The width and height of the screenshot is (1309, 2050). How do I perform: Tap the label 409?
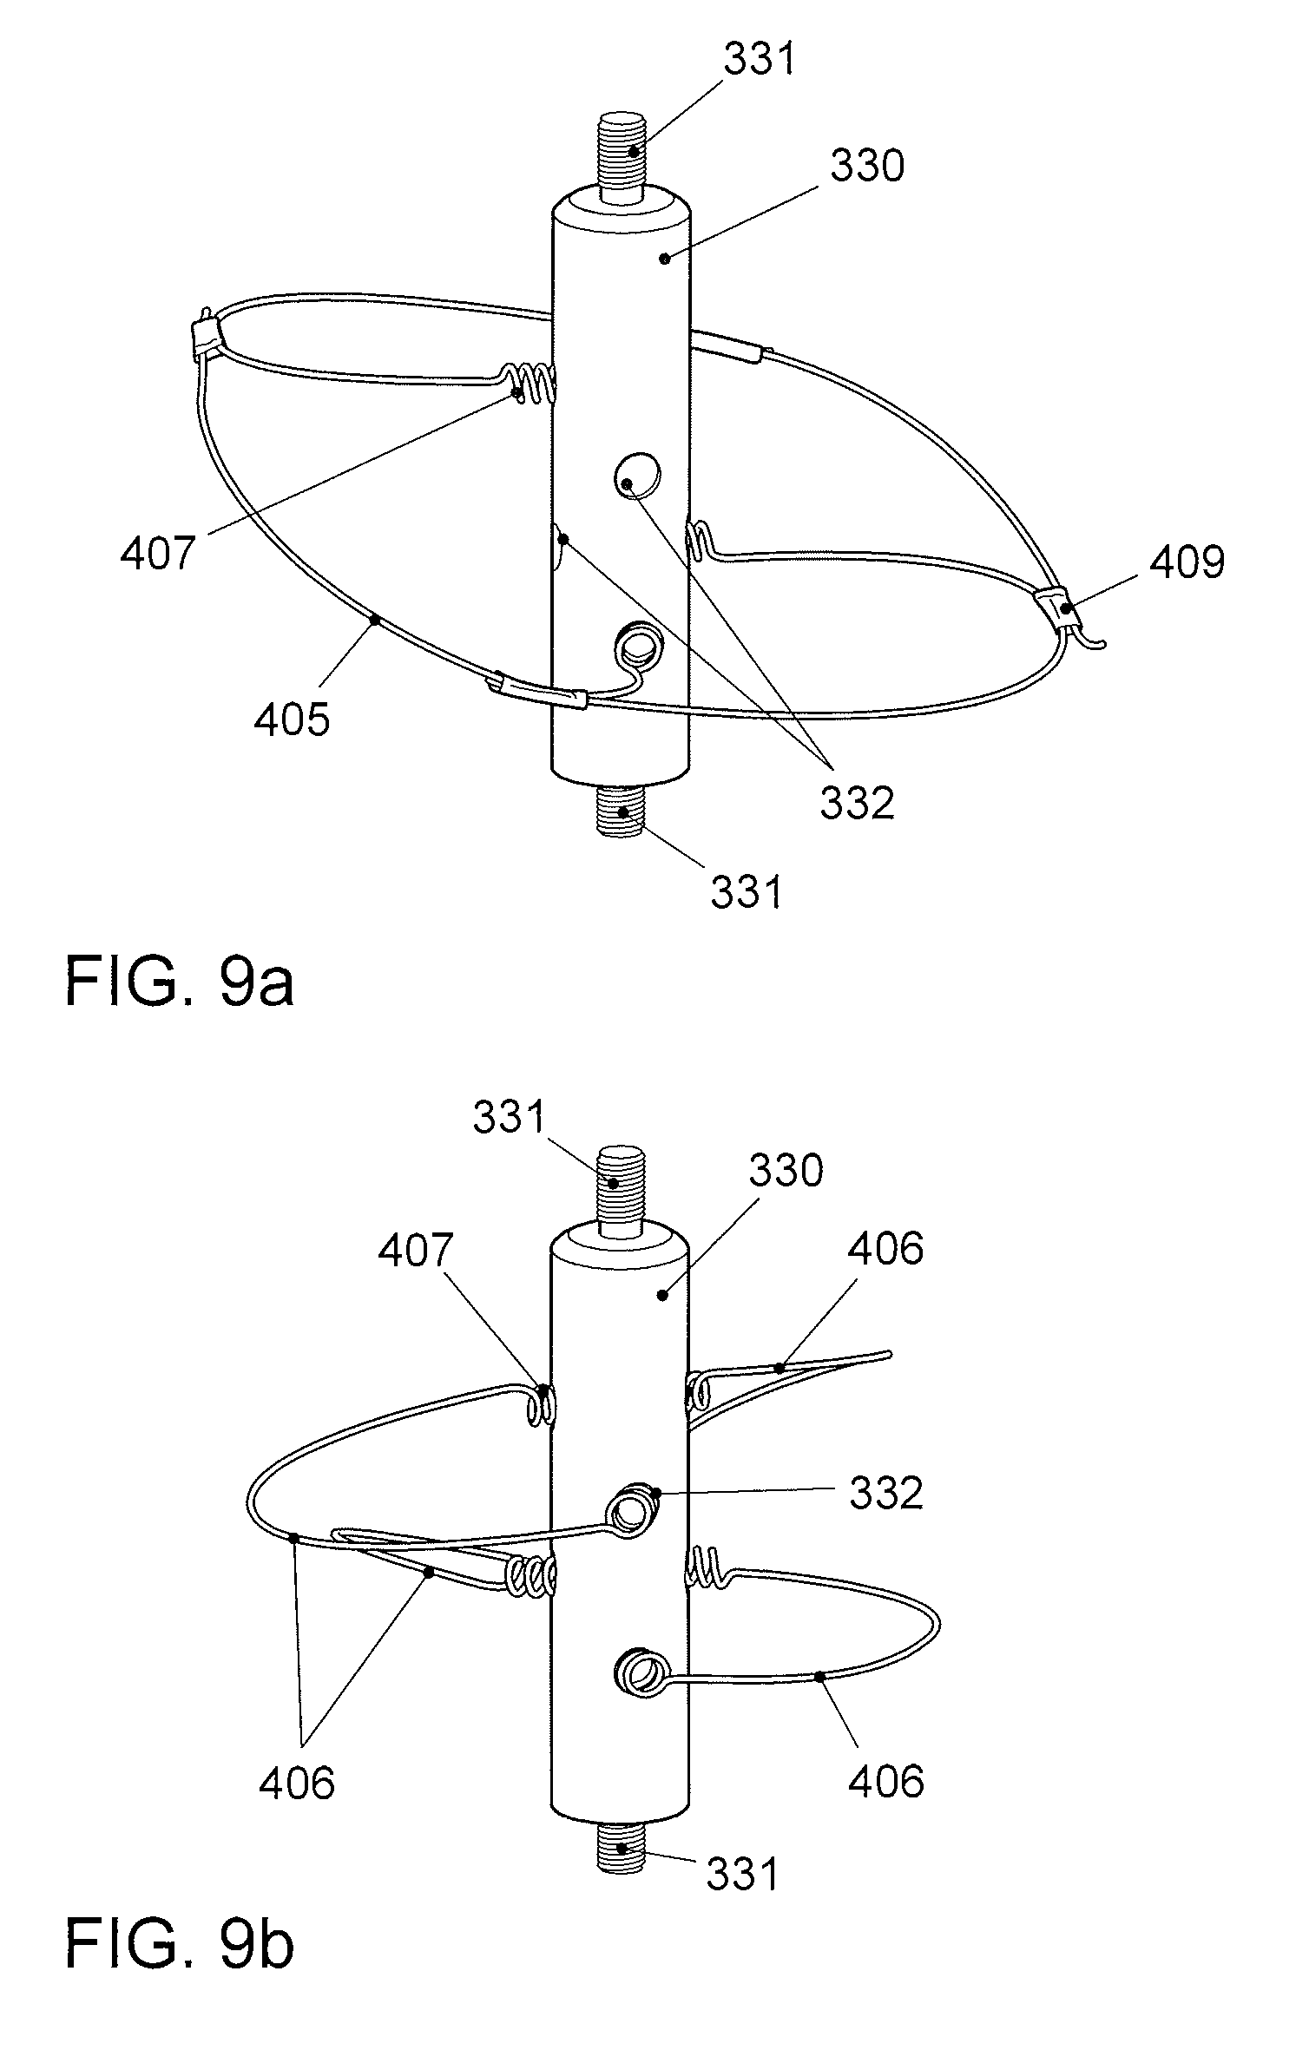pos(1187,562)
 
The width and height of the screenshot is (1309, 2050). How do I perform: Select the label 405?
pos(292,719)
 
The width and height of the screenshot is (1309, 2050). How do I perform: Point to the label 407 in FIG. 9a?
pos(158,552)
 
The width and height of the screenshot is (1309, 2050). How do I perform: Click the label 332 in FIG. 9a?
pos(856,804)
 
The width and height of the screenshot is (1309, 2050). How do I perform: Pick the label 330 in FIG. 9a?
pos(867,165)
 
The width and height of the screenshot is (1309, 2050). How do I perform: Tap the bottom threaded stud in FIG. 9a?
pos(620,811)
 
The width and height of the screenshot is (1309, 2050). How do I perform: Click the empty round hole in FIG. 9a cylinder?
pos(638,475)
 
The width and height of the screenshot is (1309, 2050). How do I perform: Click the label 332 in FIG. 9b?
pos(885,1494)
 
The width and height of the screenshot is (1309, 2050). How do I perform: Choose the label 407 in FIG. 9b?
pos(416,1250)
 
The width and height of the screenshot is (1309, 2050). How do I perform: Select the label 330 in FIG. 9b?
pos(786,1172)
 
